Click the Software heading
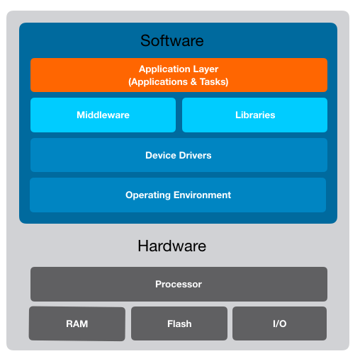point(171,40)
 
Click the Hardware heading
point(171,246)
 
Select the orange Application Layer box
point(179,75)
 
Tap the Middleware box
point(103,115)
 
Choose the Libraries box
point(254,115)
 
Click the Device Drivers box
point(179,155)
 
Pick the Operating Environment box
point(179,195)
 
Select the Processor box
point(179,284)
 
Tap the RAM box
point(77,323)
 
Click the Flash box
point(179,323)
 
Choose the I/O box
point(279,323)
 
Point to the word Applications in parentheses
point(157,82)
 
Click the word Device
point(160,155)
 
